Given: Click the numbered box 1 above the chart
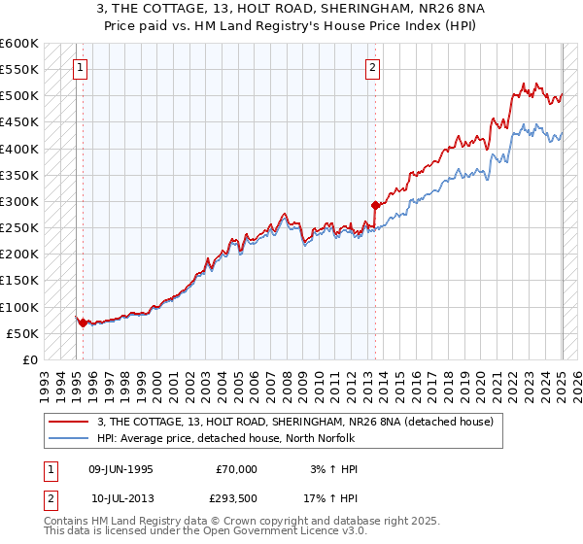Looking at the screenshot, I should click(78, 68).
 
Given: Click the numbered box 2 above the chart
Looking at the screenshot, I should click(373, 68).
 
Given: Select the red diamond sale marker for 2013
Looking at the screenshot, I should click(375, 205).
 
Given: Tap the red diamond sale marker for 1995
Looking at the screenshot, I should click(83, 323).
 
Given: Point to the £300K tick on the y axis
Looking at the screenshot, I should click(19, 201).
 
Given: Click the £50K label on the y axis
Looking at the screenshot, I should click(23, 333).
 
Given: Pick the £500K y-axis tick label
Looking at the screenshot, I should click(19, 96).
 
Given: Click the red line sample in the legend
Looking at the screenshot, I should click(68, 422).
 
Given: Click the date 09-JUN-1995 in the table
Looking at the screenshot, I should click(120, 469).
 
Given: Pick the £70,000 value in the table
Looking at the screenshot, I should click(236, 469).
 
